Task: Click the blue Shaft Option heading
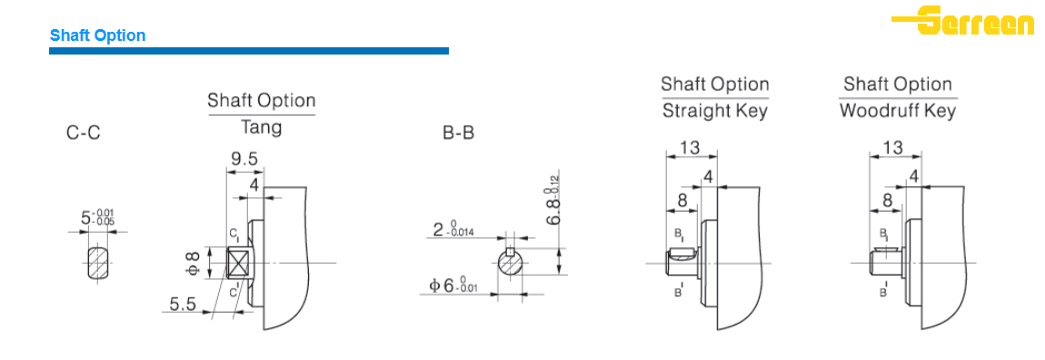[97, 35]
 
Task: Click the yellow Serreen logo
[962, 20]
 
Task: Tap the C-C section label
[84, 134]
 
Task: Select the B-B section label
[459, 134]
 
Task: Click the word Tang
[262, 127]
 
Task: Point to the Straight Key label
[714, 111]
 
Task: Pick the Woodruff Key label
[897, 111]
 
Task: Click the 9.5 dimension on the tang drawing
[244, 159]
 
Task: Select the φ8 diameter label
[192, 263]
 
